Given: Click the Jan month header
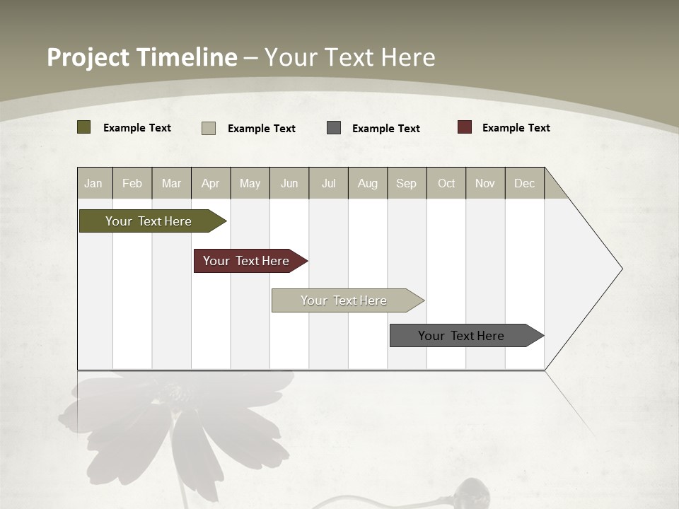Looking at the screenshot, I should click(93, 183).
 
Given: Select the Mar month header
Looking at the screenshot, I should click(171, 183).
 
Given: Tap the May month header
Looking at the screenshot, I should click(250, 183).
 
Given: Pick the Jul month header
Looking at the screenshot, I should click(328, 183).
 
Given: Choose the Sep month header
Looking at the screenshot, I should click(406, 183).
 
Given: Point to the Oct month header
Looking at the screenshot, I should click(446, 183).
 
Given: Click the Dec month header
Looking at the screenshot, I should click(524, 183).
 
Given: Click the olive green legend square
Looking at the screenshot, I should click(84, 127).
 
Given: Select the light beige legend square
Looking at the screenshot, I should click(209, 128).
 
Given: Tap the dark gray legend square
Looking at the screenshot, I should click(334, 127).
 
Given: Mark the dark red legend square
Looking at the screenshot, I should click(465, 127).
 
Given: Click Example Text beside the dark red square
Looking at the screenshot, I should click(516, 128).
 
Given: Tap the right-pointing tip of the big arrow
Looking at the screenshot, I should click(620, 269).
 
